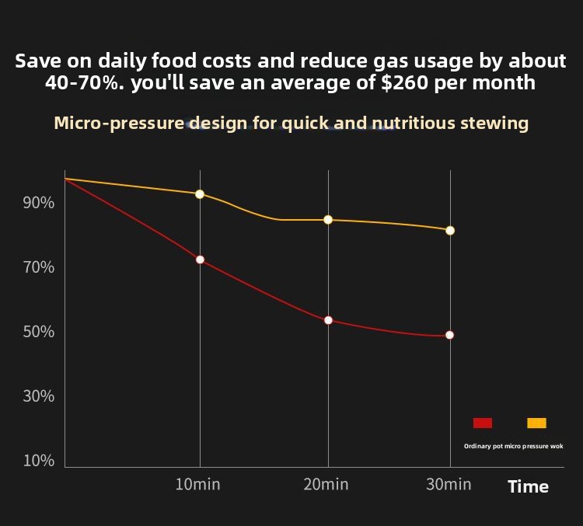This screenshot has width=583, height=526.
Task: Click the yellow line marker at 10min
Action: click(x=200, y=194)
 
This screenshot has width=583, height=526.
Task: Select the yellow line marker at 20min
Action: click(x=328, y=220)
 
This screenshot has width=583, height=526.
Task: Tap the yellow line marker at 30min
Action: click(x=450, y=231)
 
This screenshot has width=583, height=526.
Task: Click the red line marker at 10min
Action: click(x=200, y=260)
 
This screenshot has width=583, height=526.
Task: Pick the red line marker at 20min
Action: click(x=328, y=320)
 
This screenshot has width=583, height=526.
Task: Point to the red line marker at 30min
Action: click(x=449, y=336)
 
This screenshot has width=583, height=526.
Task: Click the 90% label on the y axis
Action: click(x=39, y=203)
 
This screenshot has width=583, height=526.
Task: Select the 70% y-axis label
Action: click(x=39, y=267)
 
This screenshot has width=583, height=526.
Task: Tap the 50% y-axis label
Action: click(x=39, y=332)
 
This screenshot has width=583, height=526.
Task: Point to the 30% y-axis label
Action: click(x=39, y=396)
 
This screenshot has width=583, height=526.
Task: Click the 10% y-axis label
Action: click(x=39, y=461)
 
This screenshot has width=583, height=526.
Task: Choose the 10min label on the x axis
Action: click(x=197, y=485)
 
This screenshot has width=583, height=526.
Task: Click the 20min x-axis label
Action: click(x=326, y=485)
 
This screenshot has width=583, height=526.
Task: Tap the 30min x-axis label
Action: click(x=449, y=485)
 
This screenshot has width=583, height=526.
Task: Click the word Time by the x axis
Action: click(x=528, y=487)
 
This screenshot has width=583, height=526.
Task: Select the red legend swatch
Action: click(x=483, y=423)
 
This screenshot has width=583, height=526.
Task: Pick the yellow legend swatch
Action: click(x=536, y=423)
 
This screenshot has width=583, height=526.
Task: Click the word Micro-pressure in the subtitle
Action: click(x=119, y=124)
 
